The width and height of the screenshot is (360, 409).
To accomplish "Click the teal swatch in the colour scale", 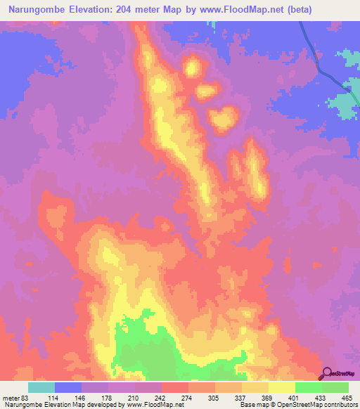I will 41,387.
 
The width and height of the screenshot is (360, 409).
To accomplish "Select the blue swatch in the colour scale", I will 68,387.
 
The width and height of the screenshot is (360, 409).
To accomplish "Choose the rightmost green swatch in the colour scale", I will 335,387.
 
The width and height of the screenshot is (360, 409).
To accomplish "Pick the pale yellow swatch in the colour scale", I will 282,387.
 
